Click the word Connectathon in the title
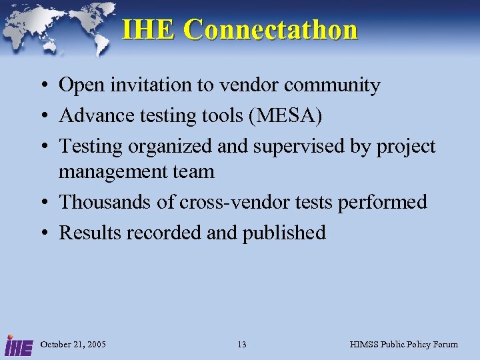click(x=271, y=30)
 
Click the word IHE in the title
click(x=149, y=30)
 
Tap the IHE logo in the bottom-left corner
click(x=17, y=345)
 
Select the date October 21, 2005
click(x=73, y=345)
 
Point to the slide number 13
click(x=241, y=345)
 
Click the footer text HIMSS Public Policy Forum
click(x=404, y=345)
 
